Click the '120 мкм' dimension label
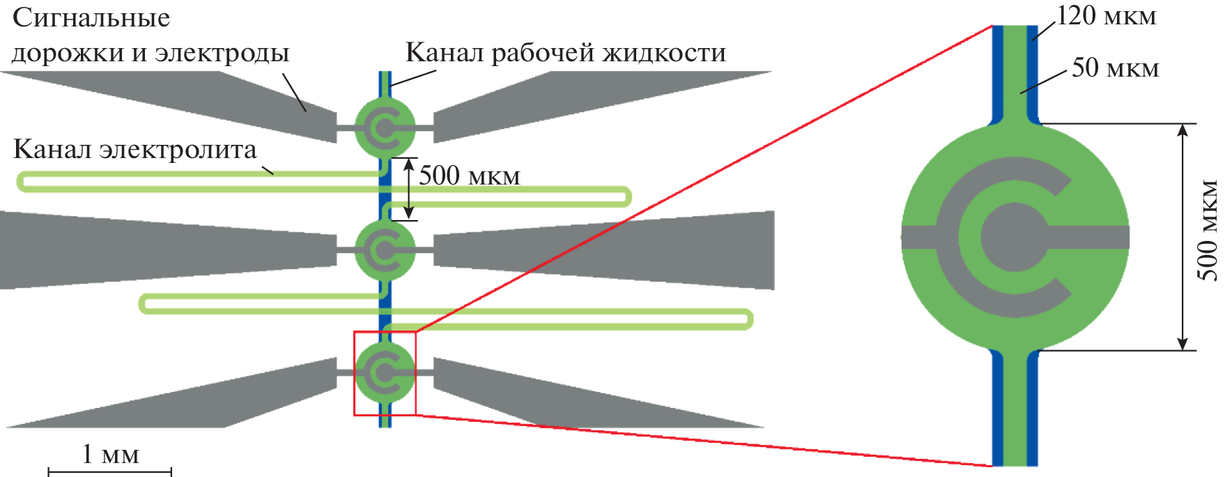(1107, 16)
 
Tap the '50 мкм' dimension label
(1115, 68)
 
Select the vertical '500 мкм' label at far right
(1208, 230)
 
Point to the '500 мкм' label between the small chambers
(469, 175)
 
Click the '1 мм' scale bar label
(110, 454)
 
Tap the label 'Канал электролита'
(135, 150)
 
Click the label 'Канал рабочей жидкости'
(565, 52)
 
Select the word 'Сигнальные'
(91, 17)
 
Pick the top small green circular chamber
(385, 127)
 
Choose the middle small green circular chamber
(385, 249)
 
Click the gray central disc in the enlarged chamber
(1013, 237)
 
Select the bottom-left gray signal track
(209, 397)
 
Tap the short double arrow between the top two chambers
(409, 189)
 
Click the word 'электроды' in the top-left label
(222, 53)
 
